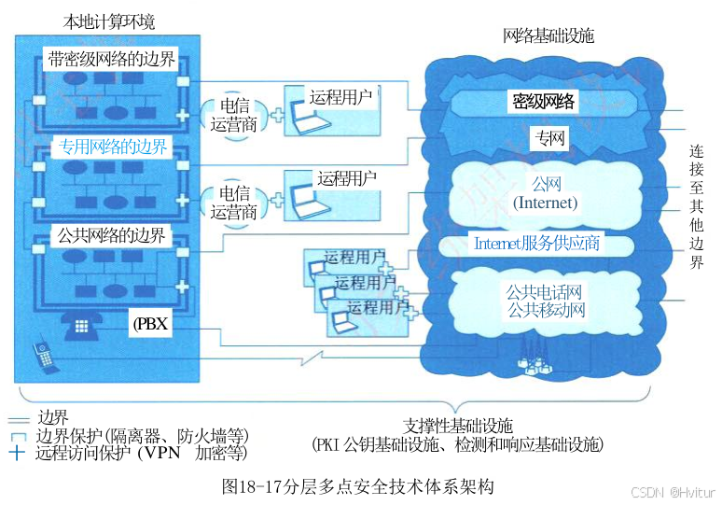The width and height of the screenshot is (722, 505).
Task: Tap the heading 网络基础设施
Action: tap(548, 36)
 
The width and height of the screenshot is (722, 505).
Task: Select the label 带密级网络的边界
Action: tap(111, 61)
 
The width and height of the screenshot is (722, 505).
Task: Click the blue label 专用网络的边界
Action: tap(114, 147)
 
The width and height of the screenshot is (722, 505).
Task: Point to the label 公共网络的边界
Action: tap(111, 235)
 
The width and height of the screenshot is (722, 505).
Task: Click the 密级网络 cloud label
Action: tap(544, 102)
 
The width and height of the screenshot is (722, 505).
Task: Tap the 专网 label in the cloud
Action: tap(548, 140)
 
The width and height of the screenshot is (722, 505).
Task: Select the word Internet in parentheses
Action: tap(546, 203)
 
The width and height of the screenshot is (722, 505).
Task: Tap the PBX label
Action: tap(148, 325)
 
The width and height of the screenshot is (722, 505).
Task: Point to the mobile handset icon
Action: tap(41, 356)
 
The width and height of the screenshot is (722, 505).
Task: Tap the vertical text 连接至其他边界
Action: tap(696, 206)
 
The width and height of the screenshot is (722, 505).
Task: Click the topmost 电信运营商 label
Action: tap(233, 116)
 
